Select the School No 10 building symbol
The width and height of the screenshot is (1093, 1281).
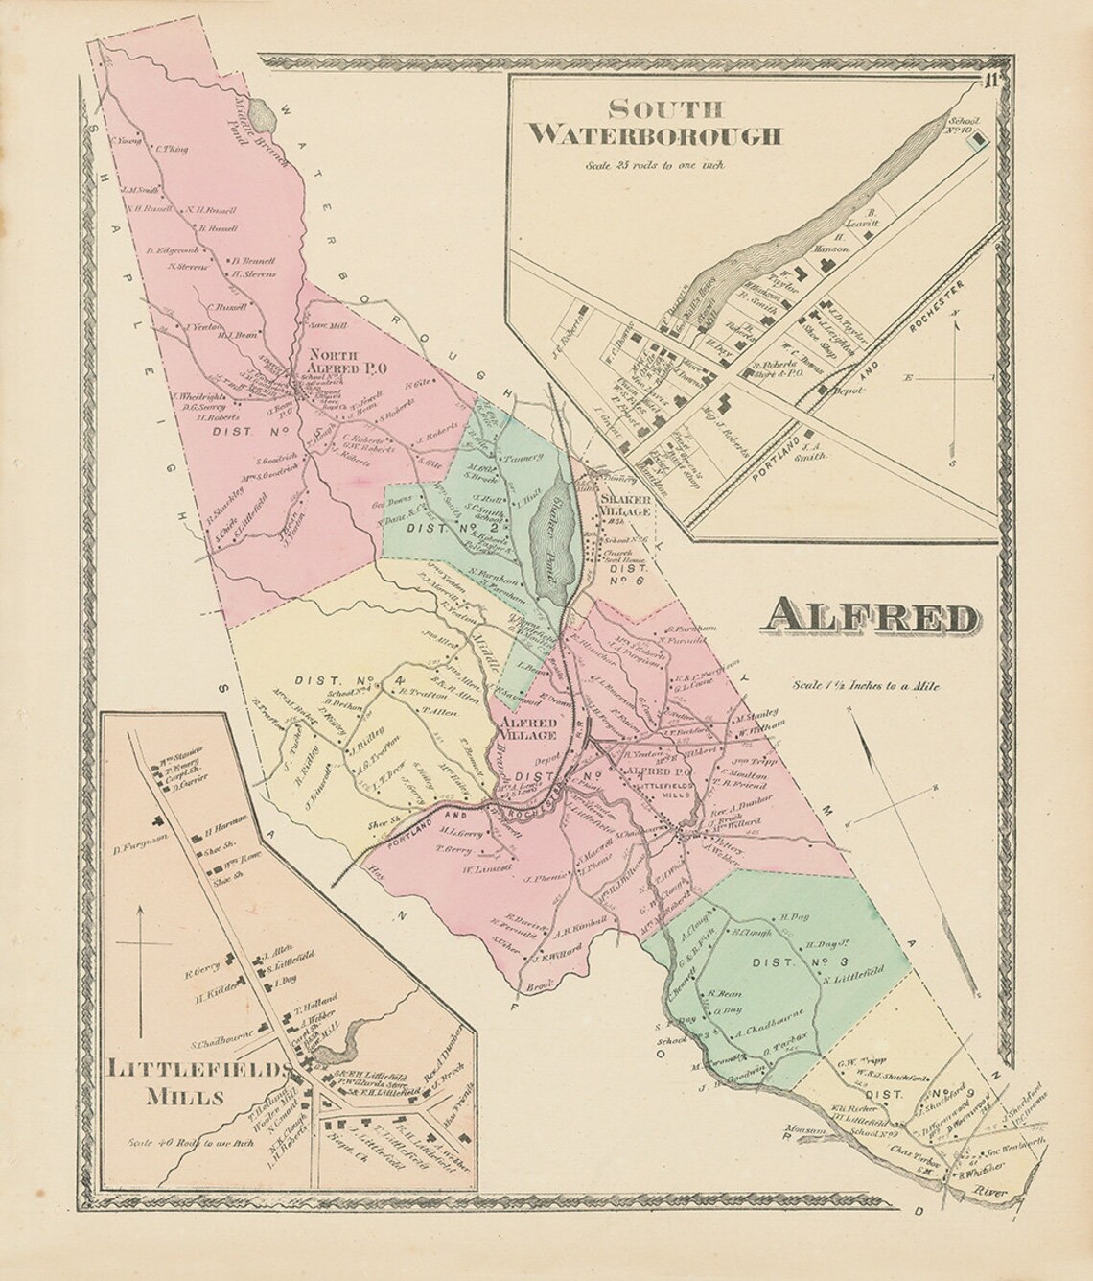tap(977, 141)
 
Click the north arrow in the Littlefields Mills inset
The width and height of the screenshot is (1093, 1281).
tap(141, 945)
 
